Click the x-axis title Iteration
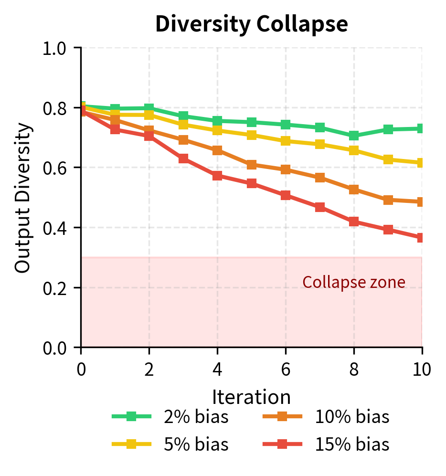(252, 397)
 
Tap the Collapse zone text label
(354, 283)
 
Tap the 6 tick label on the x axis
(286, 369)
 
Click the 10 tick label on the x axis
(422, 369)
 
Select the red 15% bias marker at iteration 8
(354, 222)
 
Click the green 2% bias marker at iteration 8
(354, 136)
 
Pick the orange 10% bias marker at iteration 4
(217, 150)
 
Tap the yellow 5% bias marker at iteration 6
(286, 141)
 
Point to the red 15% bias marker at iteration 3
(183, 159)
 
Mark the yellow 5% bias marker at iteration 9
(388, 159)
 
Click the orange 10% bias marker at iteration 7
(320, 178)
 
